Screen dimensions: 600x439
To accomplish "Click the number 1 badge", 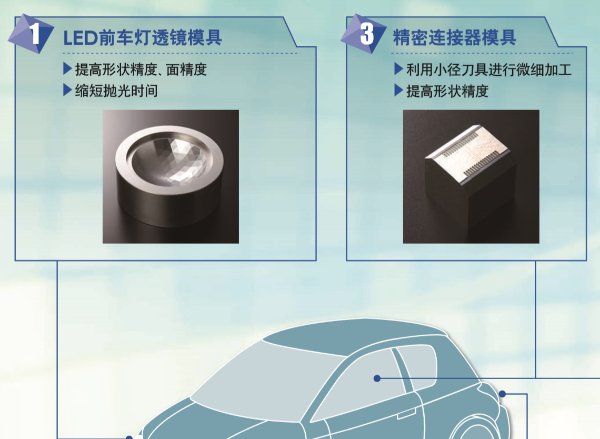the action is click(32, 34).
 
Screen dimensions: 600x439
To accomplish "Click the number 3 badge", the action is click(364, 34).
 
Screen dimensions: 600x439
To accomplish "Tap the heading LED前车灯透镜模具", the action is click(142, 38).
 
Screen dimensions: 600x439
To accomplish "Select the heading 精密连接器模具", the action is click(455, 37).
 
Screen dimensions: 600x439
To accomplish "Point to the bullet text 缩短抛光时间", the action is click(116, 91).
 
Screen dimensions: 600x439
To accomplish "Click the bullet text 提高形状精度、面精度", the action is click(141, 69).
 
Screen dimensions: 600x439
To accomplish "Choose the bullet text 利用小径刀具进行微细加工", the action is click(488, 69).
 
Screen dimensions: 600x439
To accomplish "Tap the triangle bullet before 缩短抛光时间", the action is click(67, 91).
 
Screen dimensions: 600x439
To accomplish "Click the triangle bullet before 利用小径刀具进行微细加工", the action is click(399, 69).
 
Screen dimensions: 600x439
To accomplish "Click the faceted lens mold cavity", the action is click(169, 160).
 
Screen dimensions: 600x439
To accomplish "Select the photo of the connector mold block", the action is click(471, 176).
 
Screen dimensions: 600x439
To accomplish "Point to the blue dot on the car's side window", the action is click(377, 378).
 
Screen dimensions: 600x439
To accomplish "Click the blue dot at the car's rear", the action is click(503, 394).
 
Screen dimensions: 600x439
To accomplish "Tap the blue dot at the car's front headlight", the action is click(129, 437).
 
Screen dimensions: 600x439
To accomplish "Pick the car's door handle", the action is click(406, 414).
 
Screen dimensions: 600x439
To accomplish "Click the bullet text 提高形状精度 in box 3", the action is click(447, 91).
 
